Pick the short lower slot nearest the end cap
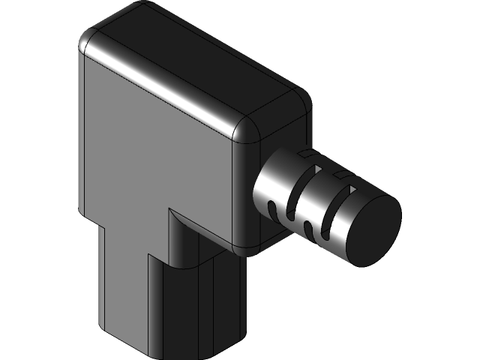pyautogui.click(x=309, y=227)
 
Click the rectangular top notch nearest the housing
pyautogui.click(x=305, y=154)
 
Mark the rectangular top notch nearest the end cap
pyautogui.click(x=342, y=175)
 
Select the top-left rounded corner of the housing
pyautogui.click(x=88, y=41)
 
